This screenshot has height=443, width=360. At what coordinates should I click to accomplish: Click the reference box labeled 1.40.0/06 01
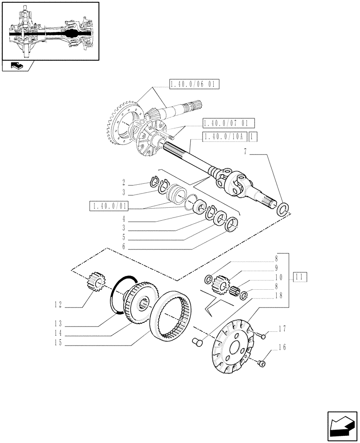click(194, 85)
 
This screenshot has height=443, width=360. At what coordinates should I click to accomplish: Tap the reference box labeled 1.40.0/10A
click(224, 137)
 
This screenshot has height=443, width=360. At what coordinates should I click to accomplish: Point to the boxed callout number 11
click(300, 277)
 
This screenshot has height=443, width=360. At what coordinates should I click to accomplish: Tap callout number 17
click(282, 329)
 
